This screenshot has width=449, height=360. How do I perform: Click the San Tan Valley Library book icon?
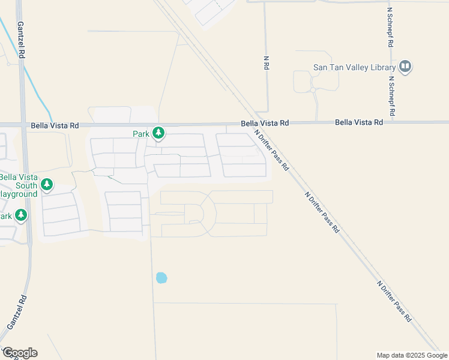[405, 66]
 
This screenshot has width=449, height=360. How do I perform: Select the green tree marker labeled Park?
[158, 132]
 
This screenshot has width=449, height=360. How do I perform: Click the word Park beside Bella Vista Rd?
[140, 134]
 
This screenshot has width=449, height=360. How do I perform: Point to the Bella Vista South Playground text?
[18, 185]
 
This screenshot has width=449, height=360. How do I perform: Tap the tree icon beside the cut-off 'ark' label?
[21, 215]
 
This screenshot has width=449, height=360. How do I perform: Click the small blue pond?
[161, 278]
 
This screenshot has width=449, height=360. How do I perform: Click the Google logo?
[20, 353]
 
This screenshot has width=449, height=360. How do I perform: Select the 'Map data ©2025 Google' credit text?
[411, 355]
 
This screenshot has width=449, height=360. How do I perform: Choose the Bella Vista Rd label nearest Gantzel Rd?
[55, 125]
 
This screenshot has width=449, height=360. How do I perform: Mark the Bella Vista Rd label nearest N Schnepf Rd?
[359, 122]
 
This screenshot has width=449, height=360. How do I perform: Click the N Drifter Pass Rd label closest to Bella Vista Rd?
[272, 150]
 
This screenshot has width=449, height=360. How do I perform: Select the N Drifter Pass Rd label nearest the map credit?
[394, 300]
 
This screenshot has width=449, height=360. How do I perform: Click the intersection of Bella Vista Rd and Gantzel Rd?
[23, 125]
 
